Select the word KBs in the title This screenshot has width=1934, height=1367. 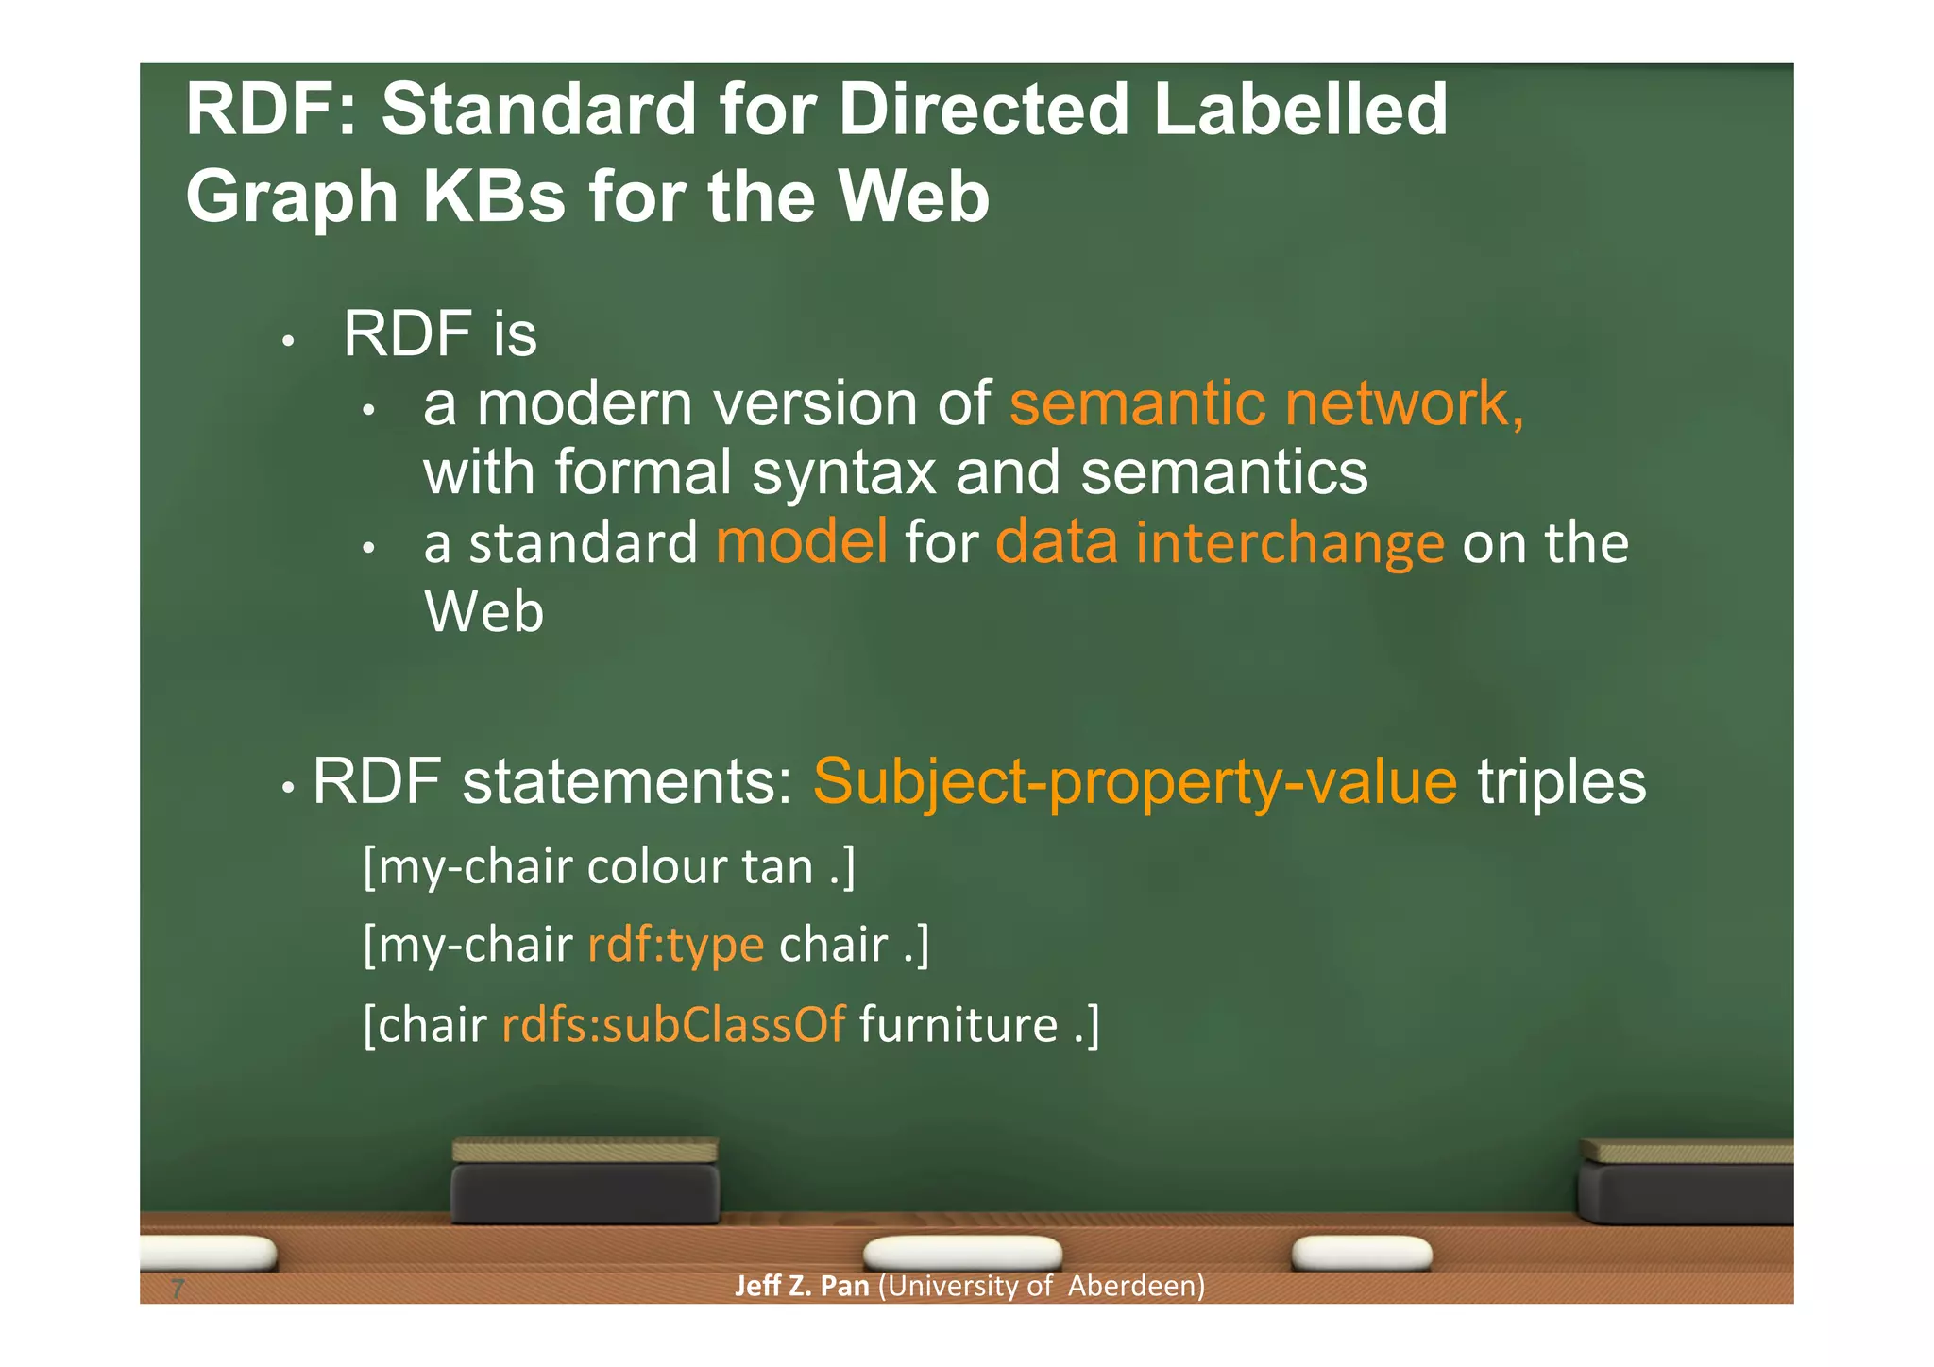click(x=493, y=197)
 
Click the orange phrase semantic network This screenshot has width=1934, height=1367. click(x=1265, y=403)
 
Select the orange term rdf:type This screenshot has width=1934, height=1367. click(x=675, y=944)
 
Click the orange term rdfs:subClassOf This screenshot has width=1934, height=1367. click(x=673, y=1025)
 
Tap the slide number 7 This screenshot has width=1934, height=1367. click(x=178, y=1288)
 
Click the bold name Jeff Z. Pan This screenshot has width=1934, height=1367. click(x=801, y=1286)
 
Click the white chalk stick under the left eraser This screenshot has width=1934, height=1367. click(x=962, y=1253)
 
